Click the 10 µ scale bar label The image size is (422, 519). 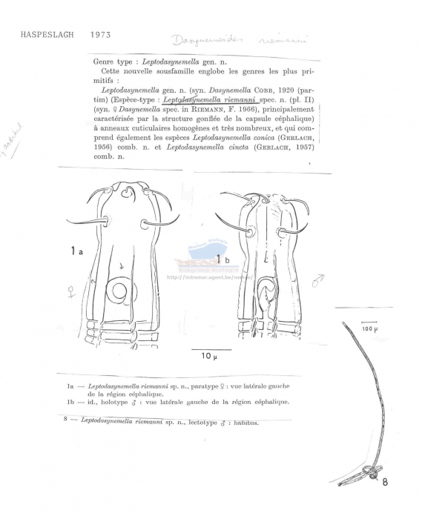211,357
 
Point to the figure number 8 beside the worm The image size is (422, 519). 386,481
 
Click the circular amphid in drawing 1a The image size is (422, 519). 119,292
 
